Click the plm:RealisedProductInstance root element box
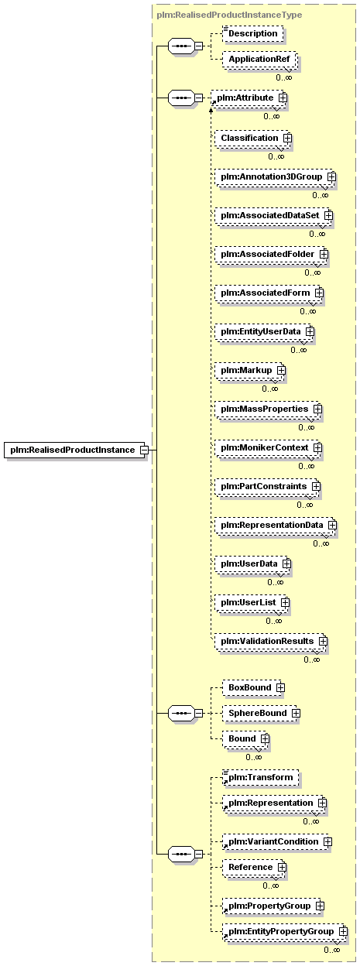pos(74,450)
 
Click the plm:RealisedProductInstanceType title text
pos(229,15)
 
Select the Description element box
pos(253,33)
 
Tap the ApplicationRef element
pos(259,59)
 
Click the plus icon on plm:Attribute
pos(283,98)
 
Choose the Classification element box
pos(252,138)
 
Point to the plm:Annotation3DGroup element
pos(274,176)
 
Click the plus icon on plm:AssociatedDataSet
pos(328,214)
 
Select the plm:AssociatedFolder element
pos(270,254)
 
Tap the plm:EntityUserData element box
pos(263,331)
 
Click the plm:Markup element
pos(249,371)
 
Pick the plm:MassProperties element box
pos(267,409)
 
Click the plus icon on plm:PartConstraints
pos(316,486)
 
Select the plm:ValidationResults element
pos(269,641)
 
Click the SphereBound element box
pos(260,713)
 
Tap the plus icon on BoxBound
pos(280,687)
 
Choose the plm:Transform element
pos(260,777)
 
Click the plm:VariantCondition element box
pos(276,841)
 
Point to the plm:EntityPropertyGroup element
pos(283,931)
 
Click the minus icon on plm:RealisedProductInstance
pos(145,450)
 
